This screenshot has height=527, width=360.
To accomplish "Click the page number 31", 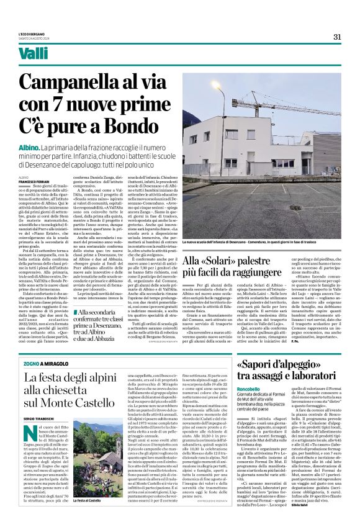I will [x=337, y=36].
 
